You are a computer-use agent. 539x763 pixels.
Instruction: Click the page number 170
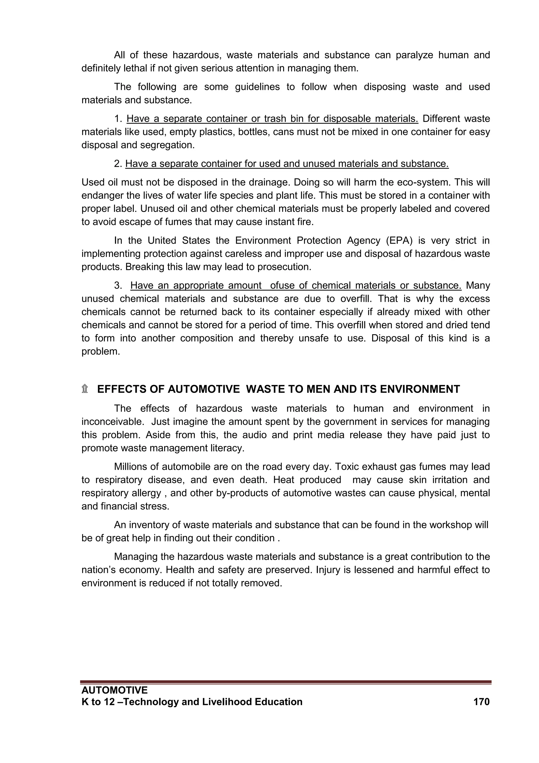(x=481, y=702)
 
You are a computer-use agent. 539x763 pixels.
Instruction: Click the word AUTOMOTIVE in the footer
(x=114, y=690)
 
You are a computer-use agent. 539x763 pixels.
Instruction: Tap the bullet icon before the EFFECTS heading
(x=85, y=389)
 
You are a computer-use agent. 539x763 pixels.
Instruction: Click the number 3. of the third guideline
(x=118, y=285)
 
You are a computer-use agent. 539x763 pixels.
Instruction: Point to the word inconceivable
(x=113, y=422)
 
